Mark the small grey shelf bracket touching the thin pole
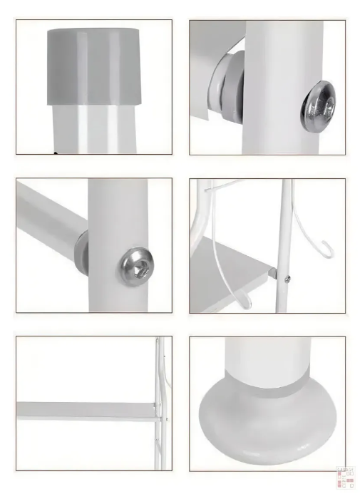pos(274,271)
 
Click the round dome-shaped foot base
pos(267,428)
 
